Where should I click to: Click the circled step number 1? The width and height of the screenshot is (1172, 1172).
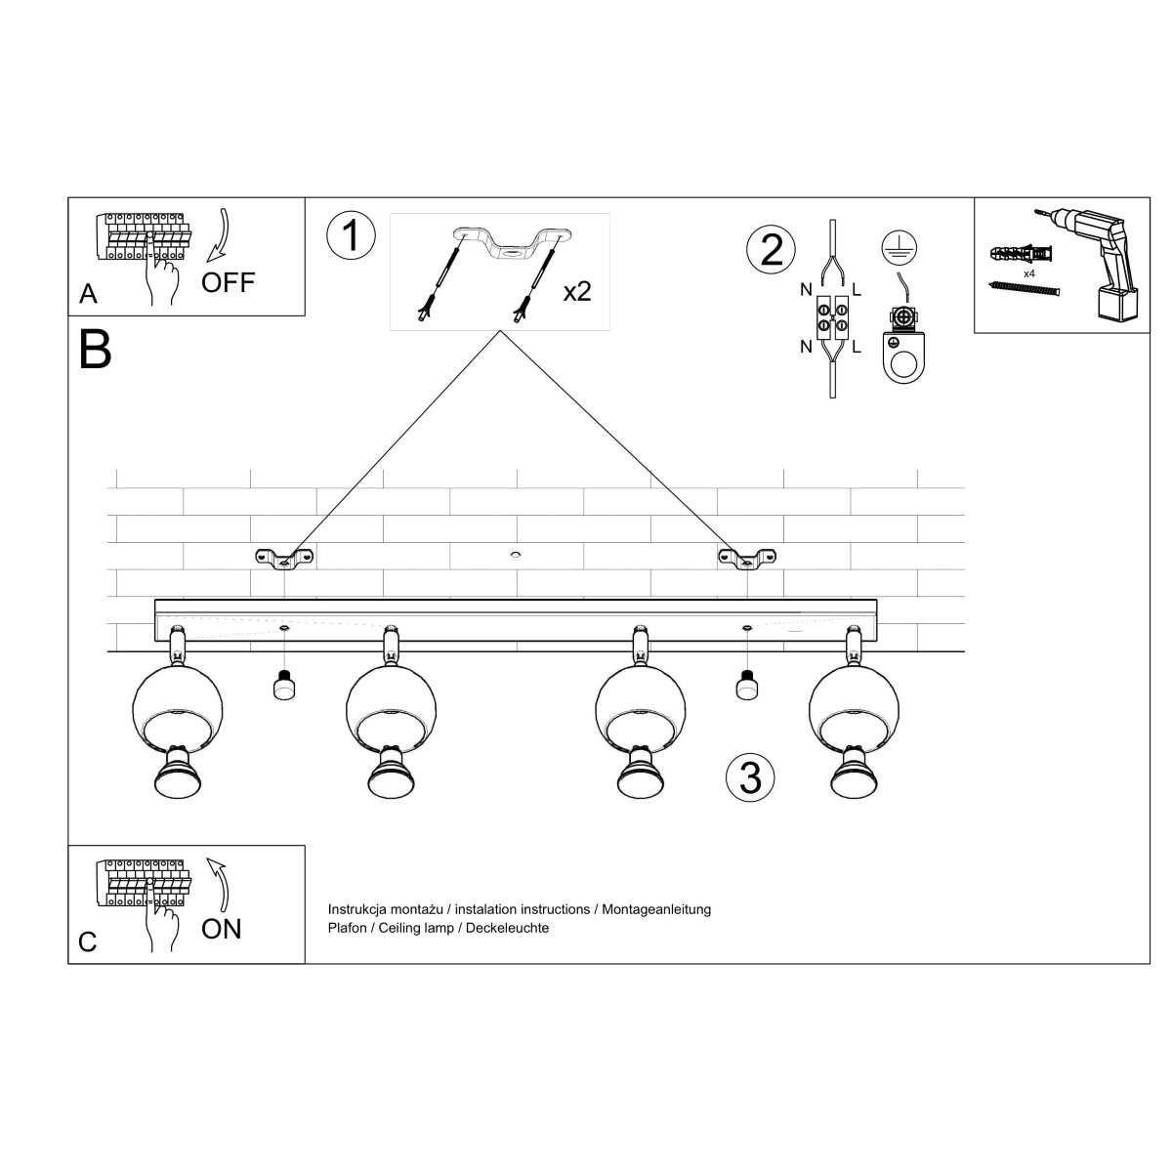[351, 236]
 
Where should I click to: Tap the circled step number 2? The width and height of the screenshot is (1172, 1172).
[772, 249]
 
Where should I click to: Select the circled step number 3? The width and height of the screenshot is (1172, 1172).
[750, 777]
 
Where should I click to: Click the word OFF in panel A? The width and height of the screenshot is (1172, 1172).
[228, 283]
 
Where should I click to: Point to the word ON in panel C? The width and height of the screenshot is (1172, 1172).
[222, 929]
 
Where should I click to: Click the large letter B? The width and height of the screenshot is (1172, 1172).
[96, 350]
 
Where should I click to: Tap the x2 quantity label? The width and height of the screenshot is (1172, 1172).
[577, 291]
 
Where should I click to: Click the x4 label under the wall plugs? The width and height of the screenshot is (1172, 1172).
[1028, 274]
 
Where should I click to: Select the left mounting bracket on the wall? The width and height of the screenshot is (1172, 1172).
[284, 559]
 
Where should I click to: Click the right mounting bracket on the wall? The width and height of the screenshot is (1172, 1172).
[747, 559]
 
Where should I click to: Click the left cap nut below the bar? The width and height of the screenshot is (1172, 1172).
[284, 687]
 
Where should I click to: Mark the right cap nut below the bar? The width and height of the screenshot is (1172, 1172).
[746, 687]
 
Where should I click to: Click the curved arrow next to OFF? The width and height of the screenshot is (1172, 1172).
[221, 235]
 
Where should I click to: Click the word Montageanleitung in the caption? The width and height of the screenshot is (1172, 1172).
[656, 909]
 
